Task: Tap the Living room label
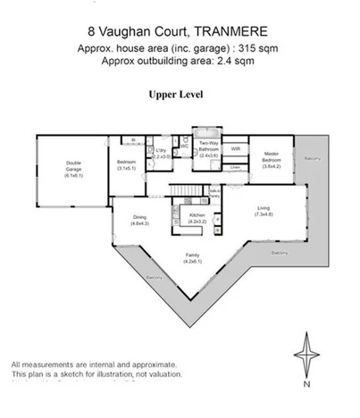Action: pos(263,211)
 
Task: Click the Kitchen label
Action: pos(197,217)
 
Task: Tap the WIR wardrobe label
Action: pos(235,148)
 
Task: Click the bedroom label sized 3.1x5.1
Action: pos(126,165)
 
